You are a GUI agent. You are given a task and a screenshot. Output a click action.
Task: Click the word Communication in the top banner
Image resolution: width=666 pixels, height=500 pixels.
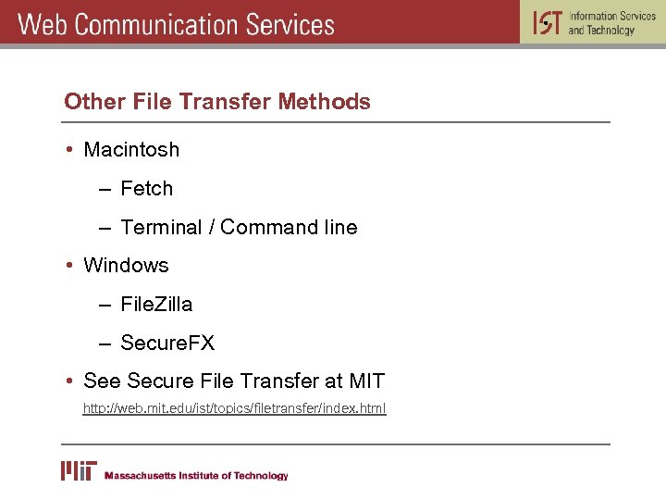(x=158, y=24)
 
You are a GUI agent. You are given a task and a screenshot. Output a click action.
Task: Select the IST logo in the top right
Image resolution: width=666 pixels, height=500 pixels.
(x=547, y=23)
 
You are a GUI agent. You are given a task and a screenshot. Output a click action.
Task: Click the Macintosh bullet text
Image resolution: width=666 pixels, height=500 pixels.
(x=131, y=149)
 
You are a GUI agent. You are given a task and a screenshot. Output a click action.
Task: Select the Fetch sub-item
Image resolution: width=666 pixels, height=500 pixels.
(x=147, y=189)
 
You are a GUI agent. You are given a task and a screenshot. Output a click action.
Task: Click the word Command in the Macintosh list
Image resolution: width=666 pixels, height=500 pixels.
(x=265, y=227)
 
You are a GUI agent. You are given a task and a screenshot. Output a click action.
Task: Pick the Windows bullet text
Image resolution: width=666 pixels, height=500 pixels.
(x=126, y=266)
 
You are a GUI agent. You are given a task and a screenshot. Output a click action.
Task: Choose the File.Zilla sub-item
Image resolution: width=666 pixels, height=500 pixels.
(x=156, y=305)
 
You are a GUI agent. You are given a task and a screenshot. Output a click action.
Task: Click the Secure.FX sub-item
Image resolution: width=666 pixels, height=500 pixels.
(x=167, y=344)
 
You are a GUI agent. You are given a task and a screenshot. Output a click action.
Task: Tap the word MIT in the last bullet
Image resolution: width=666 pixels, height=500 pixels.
(x=366, y=381)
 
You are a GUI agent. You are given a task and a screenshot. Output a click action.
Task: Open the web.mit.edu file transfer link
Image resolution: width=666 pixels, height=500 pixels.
(x=234, y=408)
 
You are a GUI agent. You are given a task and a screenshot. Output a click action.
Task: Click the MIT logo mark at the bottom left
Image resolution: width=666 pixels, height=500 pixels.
(x=79, y=470)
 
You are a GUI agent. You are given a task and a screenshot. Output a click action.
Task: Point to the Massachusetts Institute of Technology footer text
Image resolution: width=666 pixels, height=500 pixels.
(x=196, y=476)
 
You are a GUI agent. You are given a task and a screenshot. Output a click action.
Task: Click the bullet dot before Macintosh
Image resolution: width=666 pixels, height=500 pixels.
(x=69, y=150)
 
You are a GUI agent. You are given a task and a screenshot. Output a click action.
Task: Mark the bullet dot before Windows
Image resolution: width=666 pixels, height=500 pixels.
(x=69, y=266)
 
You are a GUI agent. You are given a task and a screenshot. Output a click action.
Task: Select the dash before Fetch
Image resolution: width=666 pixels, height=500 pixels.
(x=107, y=190)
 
